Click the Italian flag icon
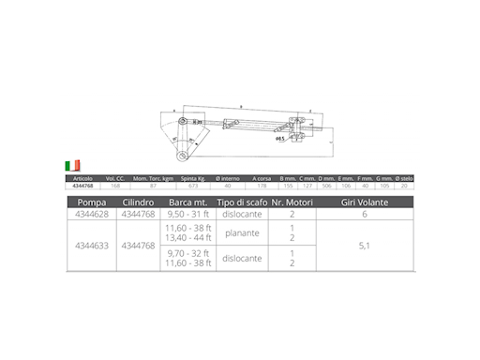[73, 166]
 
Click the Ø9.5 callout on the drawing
[280, 138]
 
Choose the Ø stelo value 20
[405, 185]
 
